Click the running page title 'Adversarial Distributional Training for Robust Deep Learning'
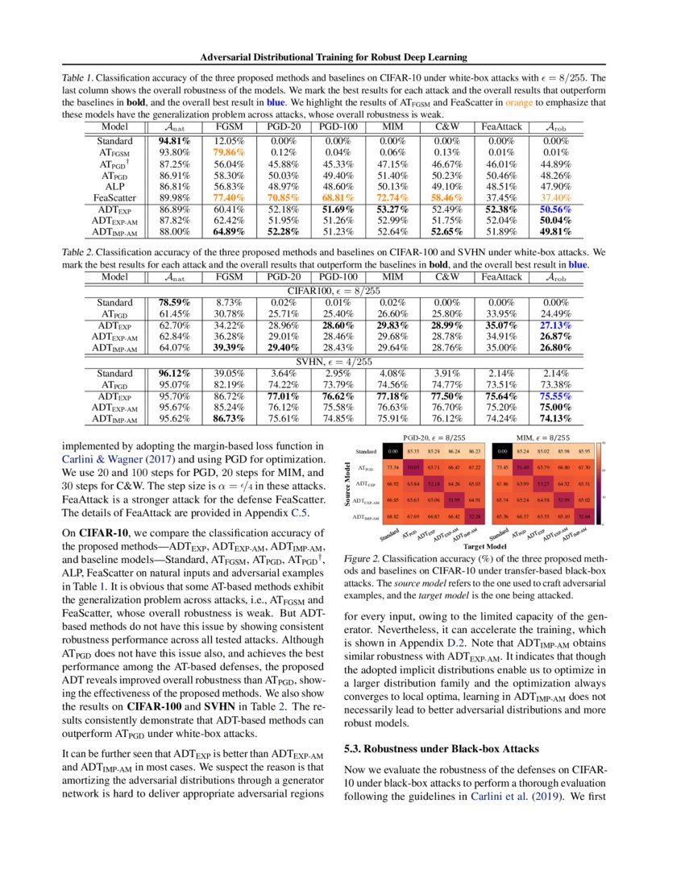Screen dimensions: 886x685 pyautogui.click(x=342, y=57)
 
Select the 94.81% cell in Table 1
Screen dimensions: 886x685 pyautogui.click(x=169, y=140)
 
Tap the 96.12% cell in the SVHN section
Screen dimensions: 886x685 pyautogui.click(x=169, y=373)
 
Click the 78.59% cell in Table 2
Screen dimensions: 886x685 pyautogui.click(x=169, y=303)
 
